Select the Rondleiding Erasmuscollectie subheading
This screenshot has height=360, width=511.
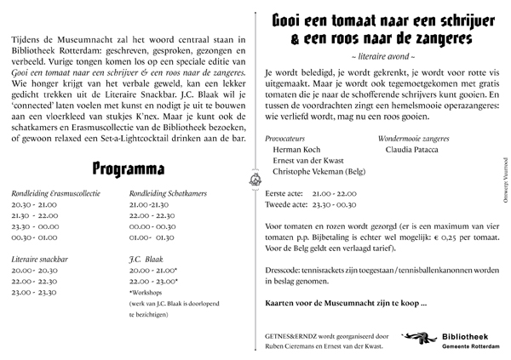click(53, 195)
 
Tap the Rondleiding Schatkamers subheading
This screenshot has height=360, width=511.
click(169, 195)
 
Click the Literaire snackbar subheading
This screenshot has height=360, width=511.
click(41, 255)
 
